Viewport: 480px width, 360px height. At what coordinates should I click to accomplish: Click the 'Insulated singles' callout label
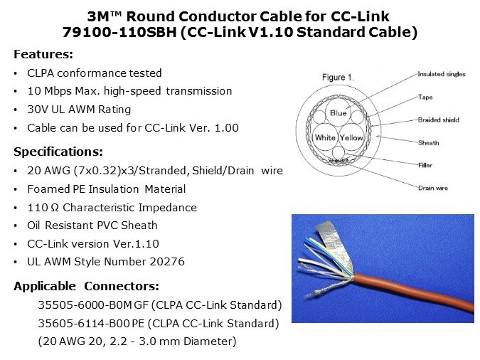click(x=442, y=74)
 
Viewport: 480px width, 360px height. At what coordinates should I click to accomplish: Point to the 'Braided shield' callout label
click(x=438, y=120)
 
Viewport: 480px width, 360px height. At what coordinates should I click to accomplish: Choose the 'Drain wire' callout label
click(x=433, y=188)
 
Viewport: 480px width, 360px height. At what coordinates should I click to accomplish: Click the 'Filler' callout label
click(x=425, y=165)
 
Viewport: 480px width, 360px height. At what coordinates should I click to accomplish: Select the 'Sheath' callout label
click(x=428, y=142)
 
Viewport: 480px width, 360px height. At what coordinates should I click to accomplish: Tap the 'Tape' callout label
click(x=425, y=97)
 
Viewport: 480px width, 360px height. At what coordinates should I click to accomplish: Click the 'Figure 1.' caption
click(x=338, y=78)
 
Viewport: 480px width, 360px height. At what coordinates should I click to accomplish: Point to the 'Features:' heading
click(x=43, y=54)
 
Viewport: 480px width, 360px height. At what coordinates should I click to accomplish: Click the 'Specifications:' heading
click(x=58, y=152)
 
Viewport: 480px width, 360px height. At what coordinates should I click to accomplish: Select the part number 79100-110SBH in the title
click(x=119, y=32)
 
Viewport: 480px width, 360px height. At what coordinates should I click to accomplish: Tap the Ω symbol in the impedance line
click(x=54, y=208)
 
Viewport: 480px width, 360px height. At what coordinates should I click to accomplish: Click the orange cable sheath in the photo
click(x=413, y=291)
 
